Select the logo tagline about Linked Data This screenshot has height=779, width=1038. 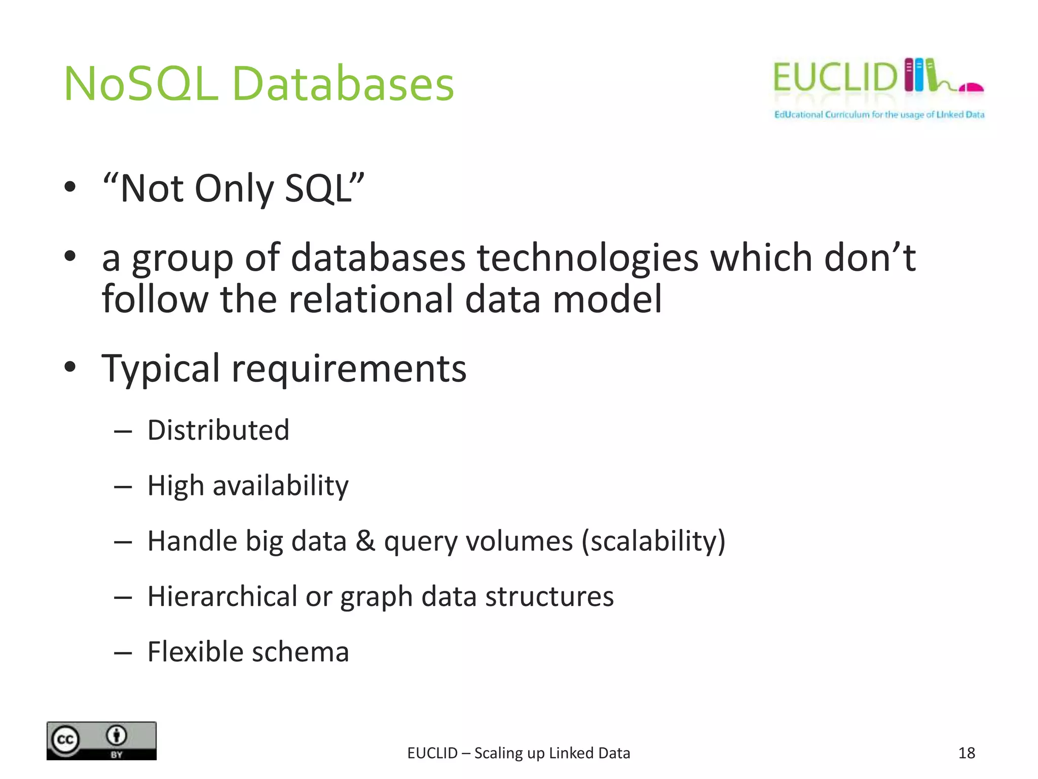pyautogui.click(x=879, y=115)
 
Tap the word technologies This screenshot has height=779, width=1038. pyautogui.click(x=587, y=258)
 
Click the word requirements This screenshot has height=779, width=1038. pyautogui.click(x=349, y=368)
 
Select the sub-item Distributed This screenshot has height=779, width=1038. pyautogui.click(x=218, y=430)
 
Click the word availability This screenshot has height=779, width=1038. pyautogui.click(x=280, y=486)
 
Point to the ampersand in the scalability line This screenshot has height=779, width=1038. pyautogui.click(x=365, y=541)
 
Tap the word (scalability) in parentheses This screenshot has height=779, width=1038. pyautogui.click(x=653, y=541)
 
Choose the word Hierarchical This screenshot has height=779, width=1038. pyautogui.click(x=222, y=596)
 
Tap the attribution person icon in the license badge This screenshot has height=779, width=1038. pyautogui.click(x=117, y=735)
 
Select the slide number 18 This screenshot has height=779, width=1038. pyautogui.click(x=967, y=753)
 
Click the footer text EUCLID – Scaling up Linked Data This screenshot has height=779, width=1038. pyautogui.click(x=518, y=753)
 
